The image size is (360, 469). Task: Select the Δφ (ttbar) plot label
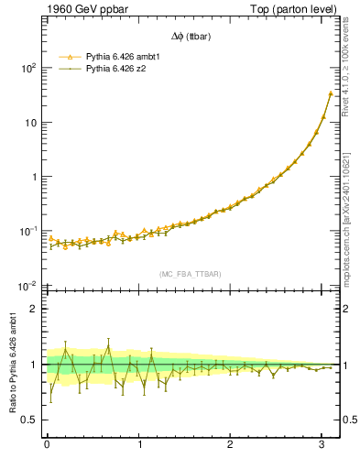[191, 38]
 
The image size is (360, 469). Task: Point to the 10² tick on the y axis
[27, 68]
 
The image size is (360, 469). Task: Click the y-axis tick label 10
[30, 122]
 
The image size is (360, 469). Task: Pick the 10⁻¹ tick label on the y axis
[27, 231]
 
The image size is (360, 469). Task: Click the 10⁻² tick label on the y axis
[27, 285]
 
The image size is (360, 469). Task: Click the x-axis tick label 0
[47, 444]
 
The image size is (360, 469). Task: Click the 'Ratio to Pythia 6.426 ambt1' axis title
[13, 364]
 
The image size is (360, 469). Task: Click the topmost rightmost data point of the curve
[331, 93]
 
